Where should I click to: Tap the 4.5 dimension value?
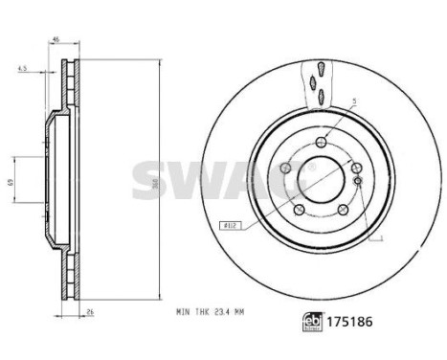pyautogui.click(x=21, y=69)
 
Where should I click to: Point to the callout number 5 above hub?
pyautogui.click(x=353, y=101)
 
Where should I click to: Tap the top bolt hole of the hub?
pyautogui.click(x=321, y=145)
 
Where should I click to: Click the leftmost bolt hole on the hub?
pyautogui.click(x=284, y=170)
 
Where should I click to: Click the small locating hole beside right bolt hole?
pyautogui.click(x=355, y=181)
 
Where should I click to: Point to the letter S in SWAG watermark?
pyautogui.click(x=149, y=177)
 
